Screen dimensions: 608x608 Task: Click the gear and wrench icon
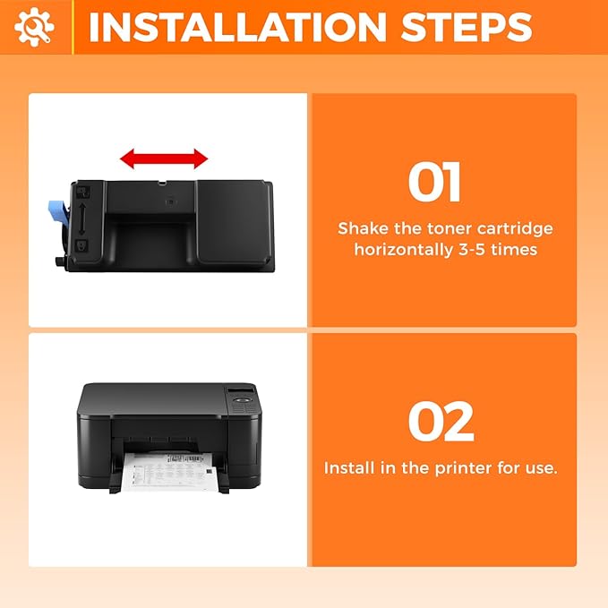pyautogui.click(x=34, y=27)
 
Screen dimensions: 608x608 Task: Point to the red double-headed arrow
pyautogui.click(x=164, y=159)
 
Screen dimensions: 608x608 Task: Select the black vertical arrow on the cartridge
pyautogui.click(x=81, y=218)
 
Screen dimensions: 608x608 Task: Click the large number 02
pyautogui.click(x=441, y=422)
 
